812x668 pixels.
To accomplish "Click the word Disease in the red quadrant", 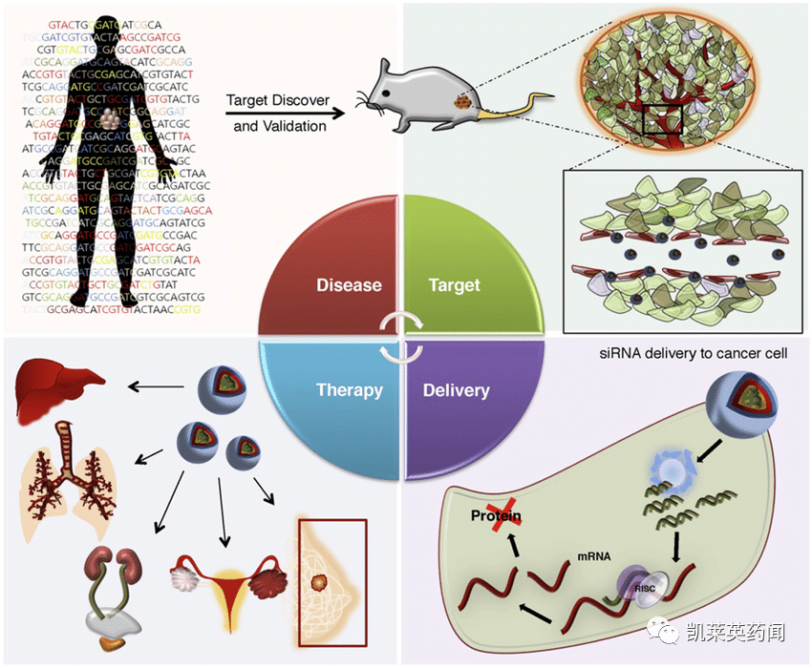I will pos(349,285).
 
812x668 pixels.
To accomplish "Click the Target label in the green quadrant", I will pos(456,285).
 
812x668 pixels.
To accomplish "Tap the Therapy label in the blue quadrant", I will pos(349,390).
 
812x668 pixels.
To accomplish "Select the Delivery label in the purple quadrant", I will pos(457,390).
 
